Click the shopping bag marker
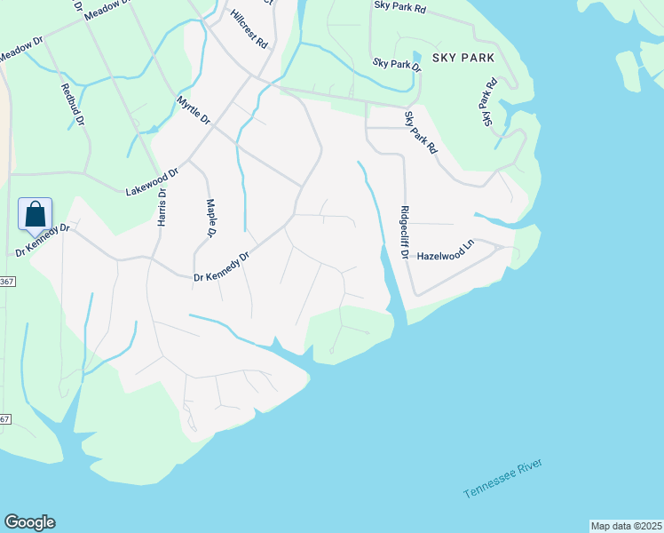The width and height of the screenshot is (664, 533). click(x=35, y=215)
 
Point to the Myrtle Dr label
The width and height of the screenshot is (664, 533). click(x=194, y=110)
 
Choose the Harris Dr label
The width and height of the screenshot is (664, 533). click(x=162, y=206)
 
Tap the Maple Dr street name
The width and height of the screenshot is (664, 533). click(x=211, y=218)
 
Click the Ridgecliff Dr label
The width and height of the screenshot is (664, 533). click(x=404, y=232)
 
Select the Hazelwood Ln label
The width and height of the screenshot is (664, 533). click(x=447, y=254)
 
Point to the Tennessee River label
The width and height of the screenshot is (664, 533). click(x=502, y=480)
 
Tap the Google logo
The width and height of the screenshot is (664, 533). click(x=29, y=522)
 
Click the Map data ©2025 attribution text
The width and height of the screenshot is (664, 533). click(x=626, y=526)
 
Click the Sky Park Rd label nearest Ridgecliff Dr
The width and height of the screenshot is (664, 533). click(x=421, y=132)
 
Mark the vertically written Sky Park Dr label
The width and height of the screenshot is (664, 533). click(x=487, y=103)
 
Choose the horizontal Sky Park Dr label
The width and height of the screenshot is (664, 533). click(x=397, y=64)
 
